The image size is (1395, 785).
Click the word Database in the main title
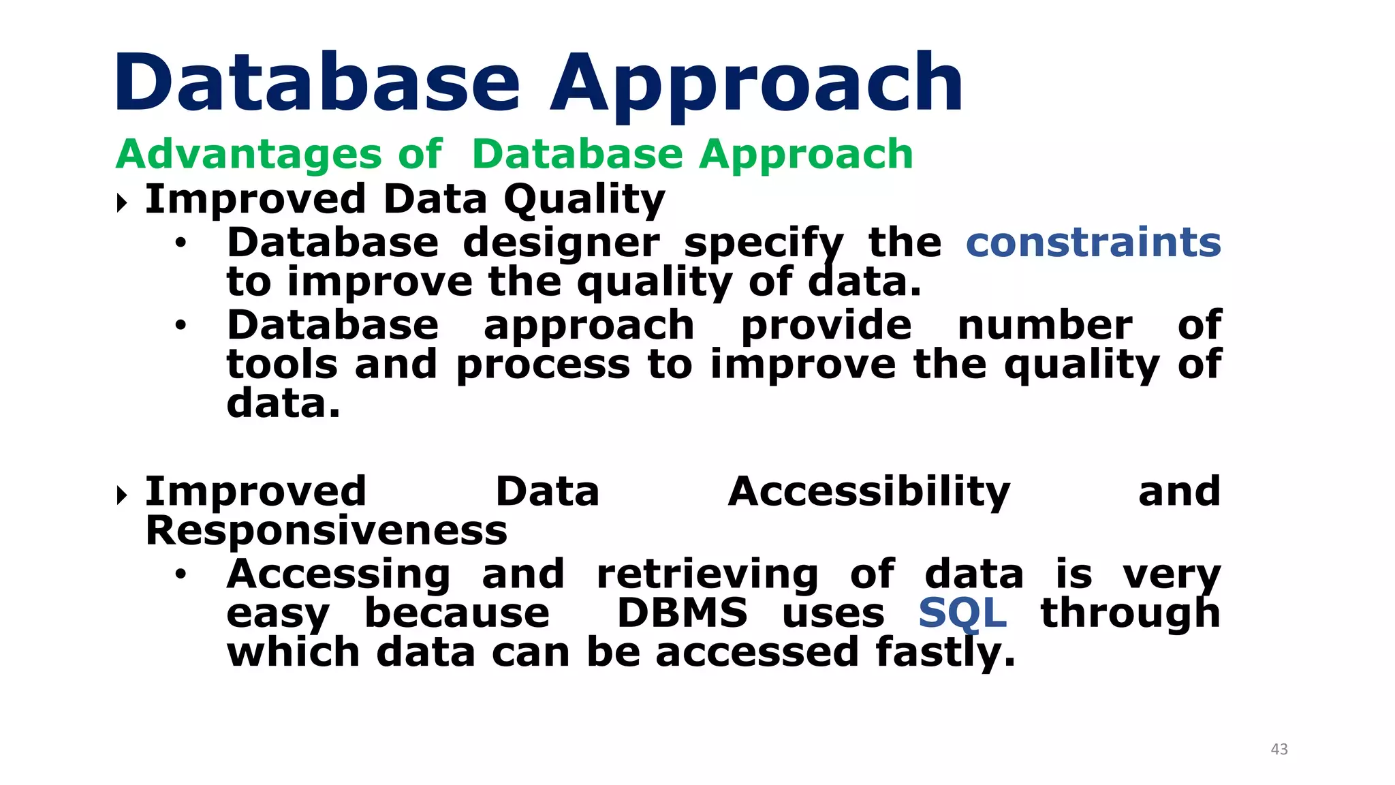317,83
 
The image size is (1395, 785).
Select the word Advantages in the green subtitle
249,154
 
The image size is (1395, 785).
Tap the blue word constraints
1093,243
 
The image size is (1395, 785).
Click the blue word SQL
962,613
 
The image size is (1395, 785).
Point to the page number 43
1279,749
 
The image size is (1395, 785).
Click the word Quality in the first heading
584,200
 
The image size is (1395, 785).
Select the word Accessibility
868,492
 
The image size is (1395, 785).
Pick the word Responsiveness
326,530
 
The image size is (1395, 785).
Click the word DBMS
682,613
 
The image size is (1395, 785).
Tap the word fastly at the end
945,652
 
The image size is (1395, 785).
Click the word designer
561,243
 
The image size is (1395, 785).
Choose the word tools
282,365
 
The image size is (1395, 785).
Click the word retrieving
707,574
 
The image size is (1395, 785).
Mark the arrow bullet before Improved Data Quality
122,202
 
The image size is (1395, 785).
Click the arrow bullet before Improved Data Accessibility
122,495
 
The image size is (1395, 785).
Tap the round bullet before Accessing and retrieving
180,574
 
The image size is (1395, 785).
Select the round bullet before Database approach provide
180,325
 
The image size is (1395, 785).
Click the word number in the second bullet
1044,325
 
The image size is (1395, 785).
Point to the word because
456,613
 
